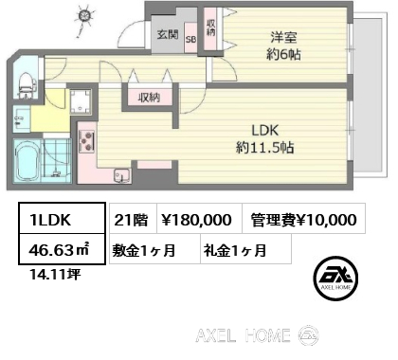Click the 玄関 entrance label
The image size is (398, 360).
[x=168, y=34]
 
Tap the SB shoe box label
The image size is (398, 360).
[x=190, y=39]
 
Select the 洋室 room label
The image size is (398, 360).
[x=283, y=38]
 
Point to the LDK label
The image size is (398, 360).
[x=264, y=130]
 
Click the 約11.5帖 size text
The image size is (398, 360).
[x=264, y=148]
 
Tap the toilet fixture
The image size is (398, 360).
[x=26, y=84]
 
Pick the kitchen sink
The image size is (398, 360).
[x=122, y=175]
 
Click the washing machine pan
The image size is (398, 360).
[x=81, y=101]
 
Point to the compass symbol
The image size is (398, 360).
[x=84, y=17]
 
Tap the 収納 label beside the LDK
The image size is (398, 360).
[x=149, y=98]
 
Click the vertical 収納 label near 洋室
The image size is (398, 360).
[x=210, y=27]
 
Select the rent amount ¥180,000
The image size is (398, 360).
[x=196, y=220]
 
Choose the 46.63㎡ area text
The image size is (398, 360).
[x=59, y=250]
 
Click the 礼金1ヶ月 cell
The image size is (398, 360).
[x=245, y=250]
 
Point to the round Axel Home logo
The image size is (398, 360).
[x=335, y=278]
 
